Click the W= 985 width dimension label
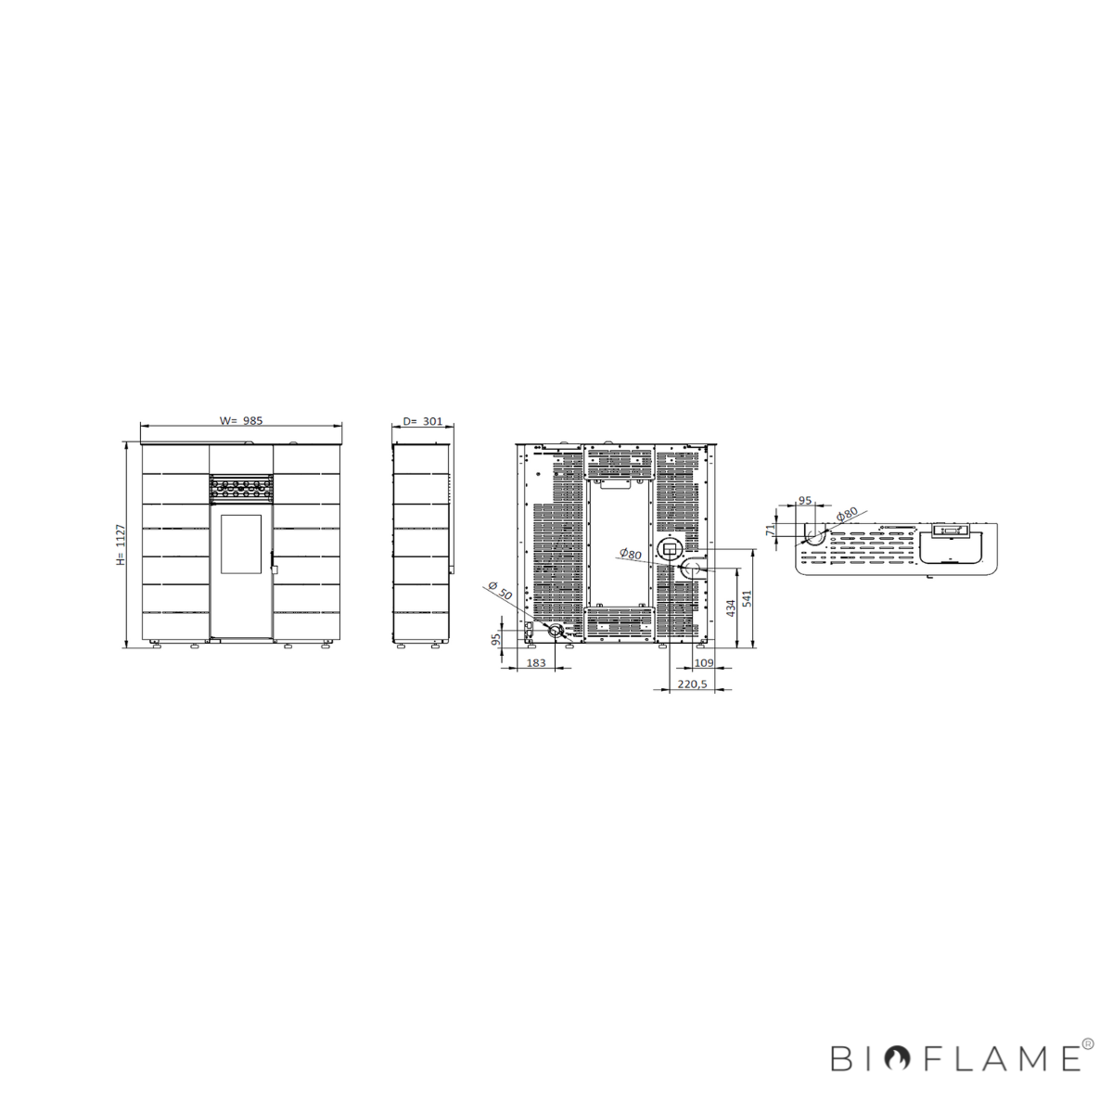[241, 420]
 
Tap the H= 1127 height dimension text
[121, 544]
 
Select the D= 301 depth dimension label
[422, 421]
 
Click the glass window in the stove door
[241, 544]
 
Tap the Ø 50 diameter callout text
[500, 590]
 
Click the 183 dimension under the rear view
[536, 662]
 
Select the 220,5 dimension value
[692, 684]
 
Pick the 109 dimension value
[703, 662]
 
